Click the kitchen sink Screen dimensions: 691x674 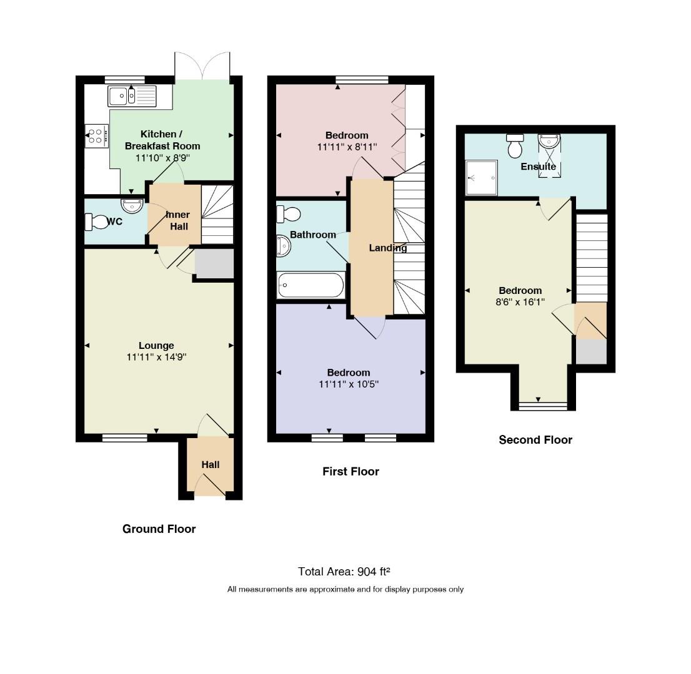point(132,96)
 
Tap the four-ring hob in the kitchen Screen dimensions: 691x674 point(96,136)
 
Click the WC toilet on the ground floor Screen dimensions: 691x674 point(96,222)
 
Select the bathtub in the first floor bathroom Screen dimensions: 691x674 point(311,285)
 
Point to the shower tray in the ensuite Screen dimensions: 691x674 point(481,177)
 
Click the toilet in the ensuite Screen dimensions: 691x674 point(515,145)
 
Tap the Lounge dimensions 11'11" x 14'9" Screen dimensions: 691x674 point(156,357)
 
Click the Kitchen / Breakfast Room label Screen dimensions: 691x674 point(162,140)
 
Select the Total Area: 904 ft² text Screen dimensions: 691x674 point(344,572)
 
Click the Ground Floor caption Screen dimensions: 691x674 point(159,529)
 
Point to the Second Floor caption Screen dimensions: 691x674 point(535,440)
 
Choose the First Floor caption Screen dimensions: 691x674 point(350,472)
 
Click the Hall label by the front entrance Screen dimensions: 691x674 point(211,464)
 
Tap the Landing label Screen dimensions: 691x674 point(388,248)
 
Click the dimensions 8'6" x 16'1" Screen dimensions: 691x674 point(520,302)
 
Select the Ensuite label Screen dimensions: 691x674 point(538,167)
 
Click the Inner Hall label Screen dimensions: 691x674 point(178,220)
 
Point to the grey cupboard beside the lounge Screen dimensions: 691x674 point(214,264)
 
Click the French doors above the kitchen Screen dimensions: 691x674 point(202,66)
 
